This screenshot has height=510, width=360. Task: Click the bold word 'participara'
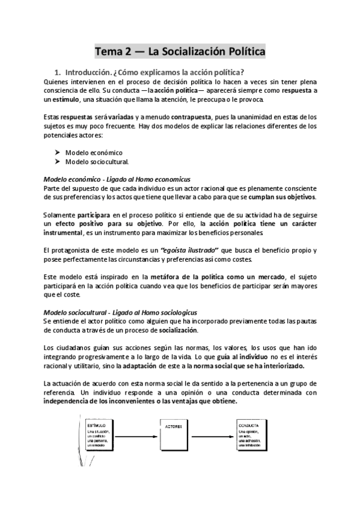[91, 215]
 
